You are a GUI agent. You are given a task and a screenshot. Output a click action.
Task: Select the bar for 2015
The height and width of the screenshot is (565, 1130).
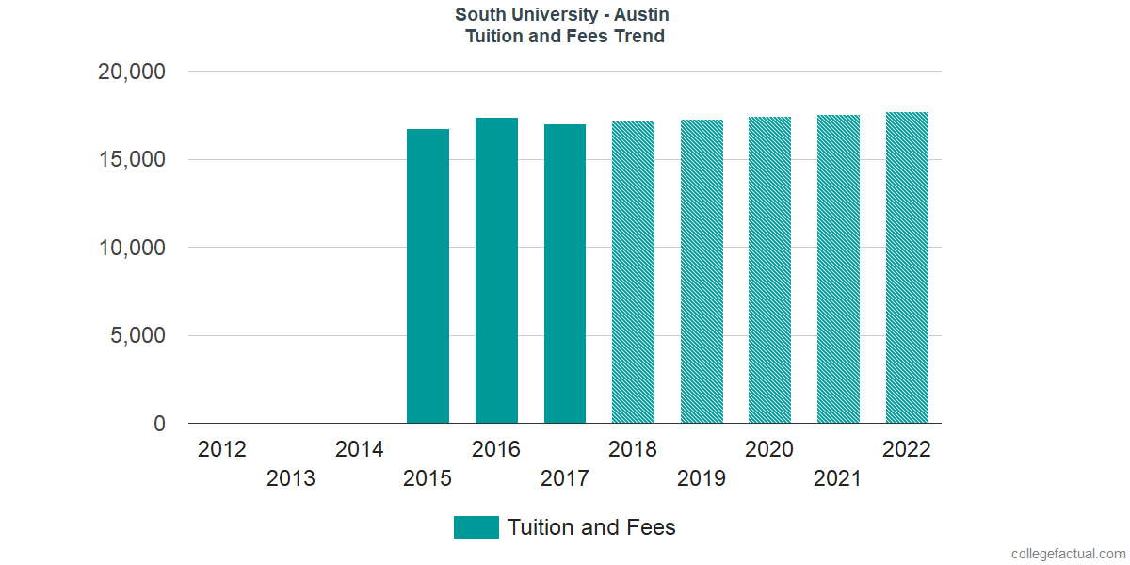[x=428, y=276]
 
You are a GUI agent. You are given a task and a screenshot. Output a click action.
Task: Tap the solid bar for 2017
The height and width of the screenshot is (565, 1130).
[x=565, y=274]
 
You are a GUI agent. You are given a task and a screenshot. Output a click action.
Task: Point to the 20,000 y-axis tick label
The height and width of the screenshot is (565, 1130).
[x=132, y=72]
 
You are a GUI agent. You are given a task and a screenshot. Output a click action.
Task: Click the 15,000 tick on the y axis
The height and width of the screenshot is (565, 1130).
[x=132, y=159]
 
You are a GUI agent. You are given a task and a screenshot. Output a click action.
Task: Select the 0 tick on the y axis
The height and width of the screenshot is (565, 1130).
[x=159, y=425]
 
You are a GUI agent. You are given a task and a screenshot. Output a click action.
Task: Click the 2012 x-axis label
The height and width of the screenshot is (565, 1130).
[x=222, y=449]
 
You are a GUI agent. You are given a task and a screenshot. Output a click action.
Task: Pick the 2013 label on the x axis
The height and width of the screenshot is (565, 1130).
[x=291, y=478]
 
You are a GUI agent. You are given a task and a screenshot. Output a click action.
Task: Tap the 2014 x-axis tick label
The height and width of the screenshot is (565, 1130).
[x=360, y=449]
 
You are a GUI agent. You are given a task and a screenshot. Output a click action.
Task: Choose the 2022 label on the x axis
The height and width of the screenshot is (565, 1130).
[x=907, y=449]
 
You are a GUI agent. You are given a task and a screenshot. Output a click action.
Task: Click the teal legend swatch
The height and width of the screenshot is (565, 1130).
[x=476, y=527]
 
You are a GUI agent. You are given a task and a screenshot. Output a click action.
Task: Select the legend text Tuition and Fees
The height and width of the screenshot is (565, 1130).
[x=591, y=527]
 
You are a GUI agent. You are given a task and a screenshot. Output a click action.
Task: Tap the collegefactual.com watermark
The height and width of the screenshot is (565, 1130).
[x=1068, y=554]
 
